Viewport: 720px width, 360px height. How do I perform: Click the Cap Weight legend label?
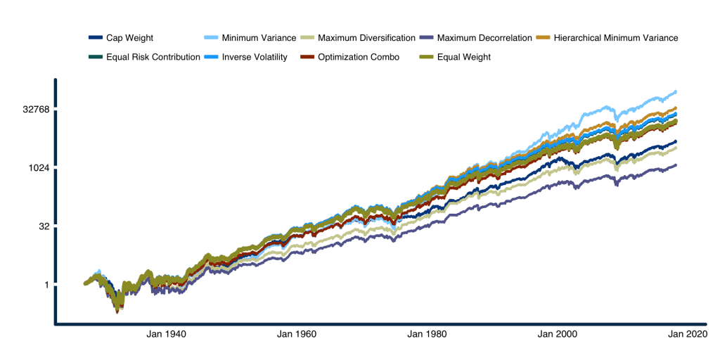click(x=129, y=37)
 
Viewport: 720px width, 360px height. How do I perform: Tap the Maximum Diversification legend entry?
click(x=366, y=37)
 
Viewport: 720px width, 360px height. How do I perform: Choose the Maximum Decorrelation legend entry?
click(x=484, y=37)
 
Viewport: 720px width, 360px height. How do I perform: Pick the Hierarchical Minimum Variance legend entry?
click(x=615, y=37)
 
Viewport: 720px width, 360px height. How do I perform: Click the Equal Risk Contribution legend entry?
click(x=153, y=57)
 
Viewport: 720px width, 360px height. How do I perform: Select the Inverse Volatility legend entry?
click(x=254, y=57)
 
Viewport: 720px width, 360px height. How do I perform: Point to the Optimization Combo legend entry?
click(x=359, y=57)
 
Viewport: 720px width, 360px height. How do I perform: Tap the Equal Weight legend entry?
click(x=463, y=57)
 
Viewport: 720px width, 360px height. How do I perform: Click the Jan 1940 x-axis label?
click(x=167, y=335)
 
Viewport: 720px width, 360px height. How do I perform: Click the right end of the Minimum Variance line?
click(x=676, y=91)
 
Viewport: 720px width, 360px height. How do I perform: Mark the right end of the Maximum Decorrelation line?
click(x=676, y=165)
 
